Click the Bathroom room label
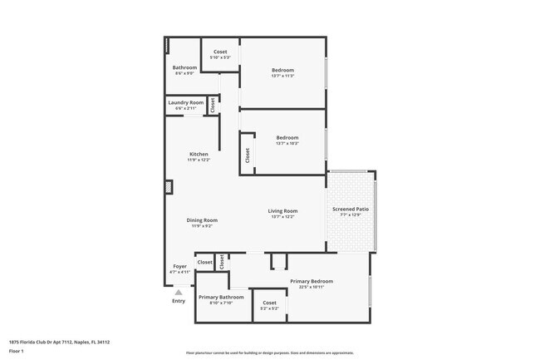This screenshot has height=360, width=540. point(184,67)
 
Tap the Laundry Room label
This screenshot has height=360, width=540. point(185,102)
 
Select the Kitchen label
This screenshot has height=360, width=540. point(199,154)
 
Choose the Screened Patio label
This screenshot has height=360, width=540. point(351,209)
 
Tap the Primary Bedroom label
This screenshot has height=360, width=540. point(312,281)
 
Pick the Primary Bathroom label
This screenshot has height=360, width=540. point(221,297)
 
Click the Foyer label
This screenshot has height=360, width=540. point(179,266)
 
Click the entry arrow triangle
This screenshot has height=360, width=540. point(179,292)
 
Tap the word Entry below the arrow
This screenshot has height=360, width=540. point(179,301)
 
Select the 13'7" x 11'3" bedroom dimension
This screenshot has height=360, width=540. point(282,76)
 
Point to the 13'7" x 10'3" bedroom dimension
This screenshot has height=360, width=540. point(287,144)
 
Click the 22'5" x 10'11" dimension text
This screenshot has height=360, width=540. point(312,287)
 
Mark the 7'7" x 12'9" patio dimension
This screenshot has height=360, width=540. point(351,215)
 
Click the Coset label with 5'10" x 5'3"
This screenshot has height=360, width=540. point(220,52)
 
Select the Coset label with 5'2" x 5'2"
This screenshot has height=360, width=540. point(269,303)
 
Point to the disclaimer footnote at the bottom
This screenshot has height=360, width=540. point(269,353)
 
